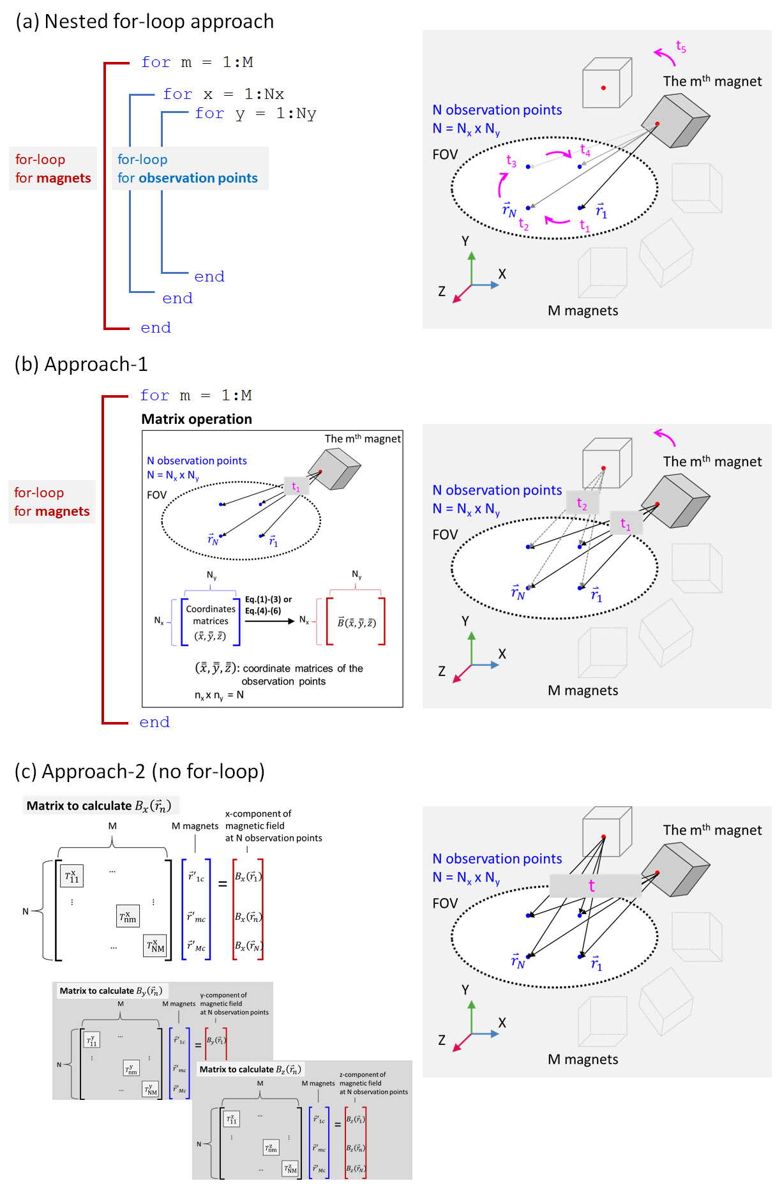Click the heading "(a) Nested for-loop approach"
pos(145,22)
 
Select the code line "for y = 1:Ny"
pos(255,114)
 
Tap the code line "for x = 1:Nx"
pos(223,94)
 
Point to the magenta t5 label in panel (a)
pos(681,47)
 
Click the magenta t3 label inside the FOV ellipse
pos(511,161)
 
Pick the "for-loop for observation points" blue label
pos(188,169)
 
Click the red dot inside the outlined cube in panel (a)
pos(603,88)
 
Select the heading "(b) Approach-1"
pos(81,365)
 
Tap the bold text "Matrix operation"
pos(197,419)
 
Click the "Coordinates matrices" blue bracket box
pos(211,622)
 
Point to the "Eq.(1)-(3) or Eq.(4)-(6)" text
pos(268,605)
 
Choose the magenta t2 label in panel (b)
pos(582,504)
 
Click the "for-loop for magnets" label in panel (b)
pos(52,502)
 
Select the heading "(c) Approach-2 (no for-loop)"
pos(139,772)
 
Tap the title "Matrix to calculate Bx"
pos(99,806)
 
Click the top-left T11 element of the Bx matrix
pos(71,876)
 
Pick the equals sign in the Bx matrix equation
pos(223,884)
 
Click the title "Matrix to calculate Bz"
pos(250,1069)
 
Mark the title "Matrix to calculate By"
pos(110,991)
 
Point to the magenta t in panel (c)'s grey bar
pos(592,885)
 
